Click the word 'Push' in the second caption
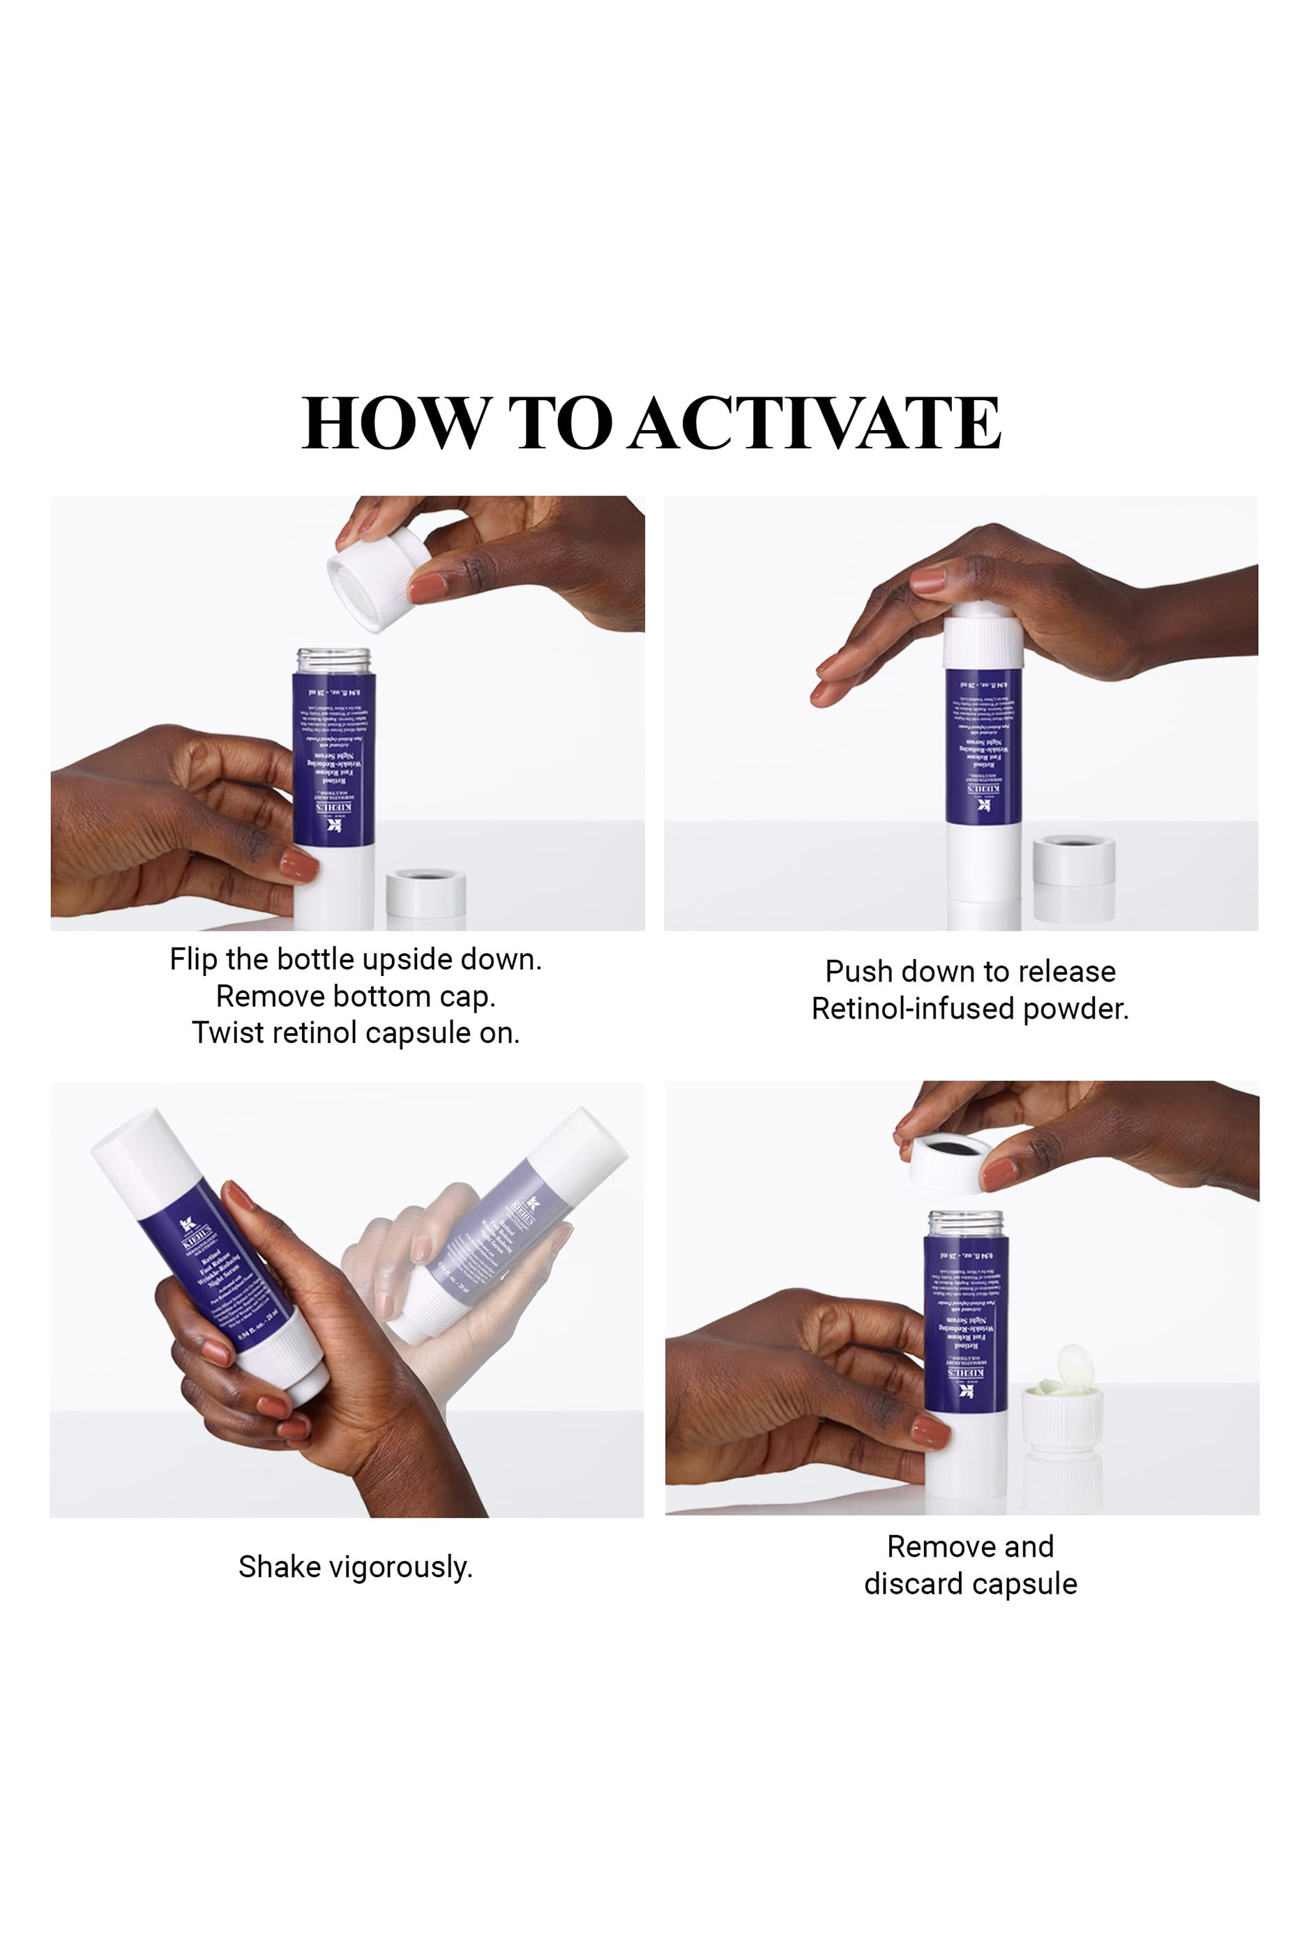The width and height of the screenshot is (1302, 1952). pyautogui.click(x=858, y=971)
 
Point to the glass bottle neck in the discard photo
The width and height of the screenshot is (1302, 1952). pyautogui.click(x=966, y=1223)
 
